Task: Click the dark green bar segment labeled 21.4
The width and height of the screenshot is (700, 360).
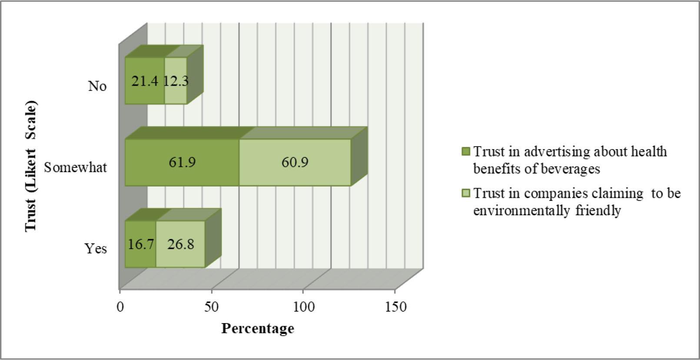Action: point(144,81)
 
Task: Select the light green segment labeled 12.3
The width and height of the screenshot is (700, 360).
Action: point(176,81)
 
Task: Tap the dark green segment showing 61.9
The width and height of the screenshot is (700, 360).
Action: point(182,162)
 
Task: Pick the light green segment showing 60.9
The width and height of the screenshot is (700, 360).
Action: point(295,162)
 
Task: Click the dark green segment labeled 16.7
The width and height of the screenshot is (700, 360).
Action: point(140,244)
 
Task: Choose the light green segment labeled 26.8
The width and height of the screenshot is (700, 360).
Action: point(180,244)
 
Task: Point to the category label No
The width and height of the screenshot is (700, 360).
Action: point(97,86)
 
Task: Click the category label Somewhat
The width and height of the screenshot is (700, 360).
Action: point(75,167)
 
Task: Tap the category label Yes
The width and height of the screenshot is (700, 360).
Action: point(96,249)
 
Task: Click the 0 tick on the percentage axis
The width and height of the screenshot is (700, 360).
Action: point(120,307)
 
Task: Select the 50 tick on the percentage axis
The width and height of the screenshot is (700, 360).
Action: point(212,307)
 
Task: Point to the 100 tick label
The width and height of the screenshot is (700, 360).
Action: point(303,307)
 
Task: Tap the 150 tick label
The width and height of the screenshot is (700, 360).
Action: point(395,307)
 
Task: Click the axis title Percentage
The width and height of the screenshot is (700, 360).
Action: point(257,328)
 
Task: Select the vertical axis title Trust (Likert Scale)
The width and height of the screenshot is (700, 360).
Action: point(31,167)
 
